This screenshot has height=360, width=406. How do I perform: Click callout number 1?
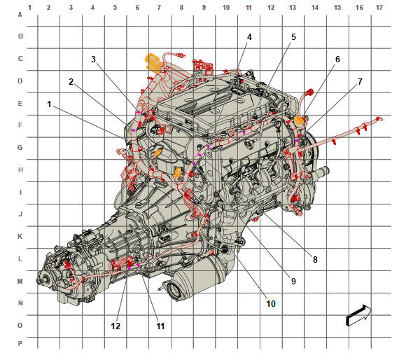click(x=49, y=104)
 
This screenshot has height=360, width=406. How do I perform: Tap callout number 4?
click(x=249, y=37)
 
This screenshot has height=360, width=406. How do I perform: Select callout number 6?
click(x=337, y=60)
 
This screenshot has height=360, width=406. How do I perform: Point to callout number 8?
click(x=315, y=259)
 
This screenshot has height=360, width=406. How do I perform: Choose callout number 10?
click(x=271, y=303)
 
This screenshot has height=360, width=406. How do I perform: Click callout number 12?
click(x=115, y=326)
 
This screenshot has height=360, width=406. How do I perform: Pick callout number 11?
click(x=160, y=326)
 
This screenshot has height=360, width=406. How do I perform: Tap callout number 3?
click(x=93, y=60)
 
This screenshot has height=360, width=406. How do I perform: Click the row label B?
click(x=20, y=36)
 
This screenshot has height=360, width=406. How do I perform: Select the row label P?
click(x=20, y=344)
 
